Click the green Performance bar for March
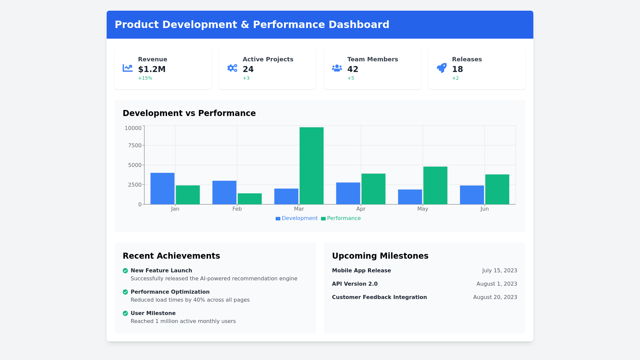point(311,166)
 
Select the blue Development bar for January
point(162,188)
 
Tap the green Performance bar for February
point(250,199)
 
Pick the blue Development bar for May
point(410,197)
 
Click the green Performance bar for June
point(497,189)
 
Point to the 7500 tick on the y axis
point(135,145)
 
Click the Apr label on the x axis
point(361,209)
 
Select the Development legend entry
point(296,218)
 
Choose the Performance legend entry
point(341,218)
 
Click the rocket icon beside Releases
point(442,68)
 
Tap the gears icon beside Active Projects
point(232,68)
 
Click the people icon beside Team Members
point(337,68)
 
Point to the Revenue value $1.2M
point(152,69)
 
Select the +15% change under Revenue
point(145,78)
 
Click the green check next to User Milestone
point(125,313)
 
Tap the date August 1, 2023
point(497,284)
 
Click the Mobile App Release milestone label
point(361,271)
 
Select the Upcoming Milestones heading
point(380,256)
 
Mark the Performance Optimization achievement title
point(170,292)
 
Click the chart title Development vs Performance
point(189,113)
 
